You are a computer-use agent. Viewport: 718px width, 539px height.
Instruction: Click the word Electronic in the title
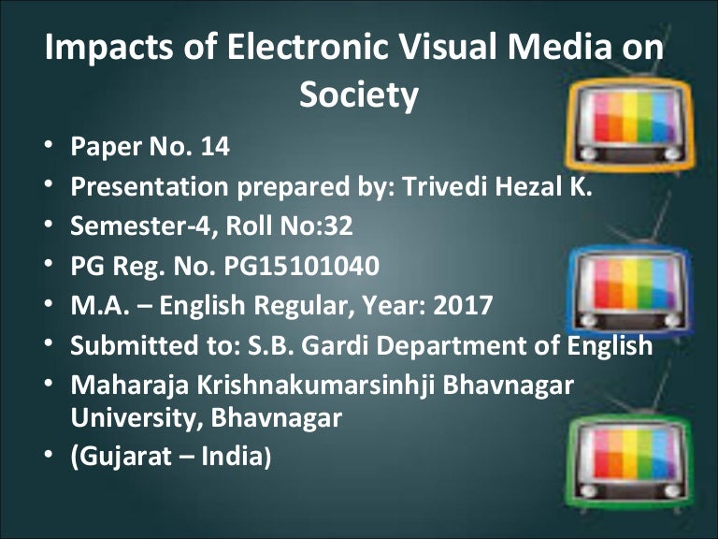(244, 48)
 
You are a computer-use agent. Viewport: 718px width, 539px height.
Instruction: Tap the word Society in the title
(358, 95)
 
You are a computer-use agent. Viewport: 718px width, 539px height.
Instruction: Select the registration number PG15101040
(302, 266)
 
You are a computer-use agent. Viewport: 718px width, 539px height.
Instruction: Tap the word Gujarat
(122, 458)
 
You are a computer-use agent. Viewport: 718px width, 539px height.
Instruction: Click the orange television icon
(630, 122)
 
